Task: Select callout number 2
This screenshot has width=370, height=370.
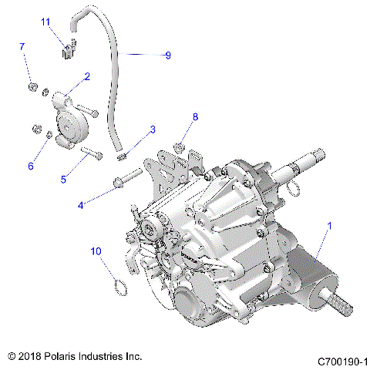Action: (x=88, y=76)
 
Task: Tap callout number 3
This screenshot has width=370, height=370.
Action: (x=153, y=129)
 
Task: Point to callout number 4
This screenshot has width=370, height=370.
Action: (x=81, y=205)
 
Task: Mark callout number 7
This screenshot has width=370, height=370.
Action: (x=22, y=47)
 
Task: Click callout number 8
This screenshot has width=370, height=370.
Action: (x=195, y=116)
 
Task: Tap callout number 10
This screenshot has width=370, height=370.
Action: (x=96, y=251)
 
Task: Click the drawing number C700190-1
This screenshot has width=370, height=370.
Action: (x=342, y=361)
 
